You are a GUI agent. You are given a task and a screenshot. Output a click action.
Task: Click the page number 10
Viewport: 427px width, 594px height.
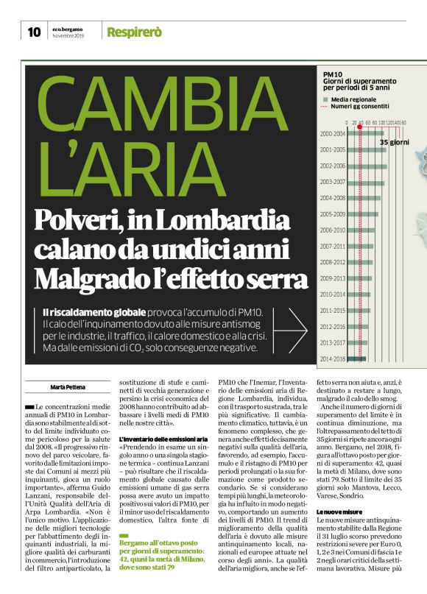(x=34, y=32)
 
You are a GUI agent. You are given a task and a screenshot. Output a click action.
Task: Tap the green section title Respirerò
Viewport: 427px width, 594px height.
(x=134, y=32)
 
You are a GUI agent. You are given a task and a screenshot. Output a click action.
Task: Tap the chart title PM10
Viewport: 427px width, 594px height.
(x=333, y=75)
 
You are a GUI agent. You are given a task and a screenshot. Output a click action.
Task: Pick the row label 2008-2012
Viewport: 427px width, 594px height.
(x=333, y=262)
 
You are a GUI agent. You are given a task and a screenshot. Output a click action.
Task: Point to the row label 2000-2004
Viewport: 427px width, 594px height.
(x=333, y=134)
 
